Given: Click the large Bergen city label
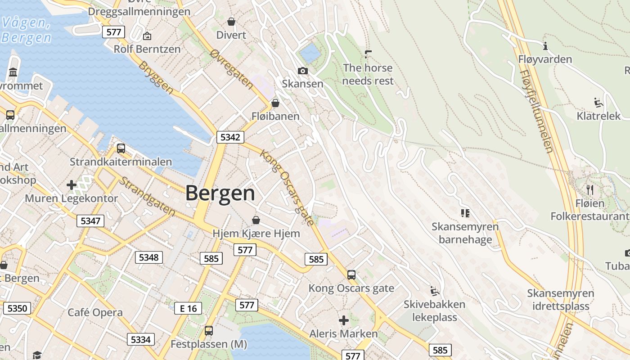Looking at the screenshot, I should click(x=220, y=193).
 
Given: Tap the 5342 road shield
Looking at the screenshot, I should click(x=230, y=137).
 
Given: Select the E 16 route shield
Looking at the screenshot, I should click(x=188, y=308).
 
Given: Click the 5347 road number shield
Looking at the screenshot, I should click(x=90, y=220).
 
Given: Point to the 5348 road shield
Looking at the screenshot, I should click(x=149, y=257).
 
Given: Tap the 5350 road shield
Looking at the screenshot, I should click(x=18, y=308).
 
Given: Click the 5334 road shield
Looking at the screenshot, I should click(x=140, y=339).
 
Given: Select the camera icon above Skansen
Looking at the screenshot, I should click(x=302, y=71).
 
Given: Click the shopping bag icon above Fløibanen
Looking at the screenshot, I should click(x=275, y=103).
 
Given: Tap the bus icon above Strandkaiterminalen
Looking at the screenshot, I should click(x=121, y=148).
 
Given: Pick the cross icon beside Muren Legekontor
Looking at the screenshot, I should click(x=72, y=184).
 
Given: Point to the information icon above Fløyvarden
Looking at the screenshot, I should click(x=545, y=46).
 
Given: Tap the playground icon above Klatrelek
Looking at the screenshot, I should click(x=598, y=103).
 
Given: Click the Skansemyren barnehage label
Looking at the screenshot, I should click(x=465, y=233).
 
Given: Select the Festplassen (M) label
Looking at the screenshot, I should click(x=209, y=345).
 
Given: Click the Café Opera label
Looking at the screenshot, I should click(x=95, y=312).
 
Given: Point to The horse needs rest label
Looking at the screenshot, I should click(x=368, y=74).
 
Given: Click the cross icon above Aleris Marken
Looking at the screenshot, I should click(x=344, y=320).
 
